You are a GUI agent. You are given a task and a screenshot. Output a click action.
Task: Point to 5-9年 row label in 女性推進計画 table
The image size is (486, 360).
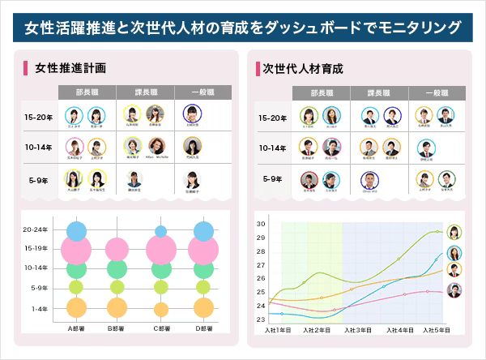37,179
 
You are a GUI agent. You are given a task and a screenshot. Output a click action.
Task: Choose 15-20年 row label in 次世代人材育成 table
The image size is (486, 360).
272,118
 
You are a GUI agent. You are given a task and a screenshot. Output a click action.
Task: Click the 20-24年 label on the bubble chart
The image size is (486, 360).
36,229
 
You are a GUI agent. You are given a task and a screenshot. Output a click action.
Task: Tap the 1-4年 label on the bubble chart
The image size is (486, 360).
40,309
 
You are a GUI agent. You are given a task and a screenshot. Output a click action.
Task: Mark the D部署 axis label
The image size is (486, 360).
202,328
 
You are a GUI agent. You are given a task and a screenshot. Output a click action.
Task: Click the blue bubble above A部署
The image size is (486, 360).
77,231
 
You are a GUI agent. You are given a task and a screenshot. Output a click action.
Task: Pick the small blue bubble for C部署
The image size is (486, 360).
160,232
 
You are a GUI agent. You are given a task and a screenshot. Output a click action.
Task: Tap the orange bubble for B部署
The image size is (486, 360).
117,307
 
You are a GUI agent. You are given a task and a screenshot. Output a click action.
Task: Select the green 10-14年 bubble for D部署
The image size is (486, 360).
202,268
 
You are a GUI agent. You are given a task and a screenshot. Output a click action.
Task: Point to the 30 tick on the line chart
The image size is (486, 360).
261,224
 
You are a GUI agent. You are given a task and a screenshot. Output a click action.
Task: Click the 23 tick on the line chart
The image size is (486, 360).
261,319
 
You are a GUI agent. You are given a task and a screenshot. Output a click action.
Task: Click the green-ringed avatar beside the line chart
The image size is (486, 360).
454,233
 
